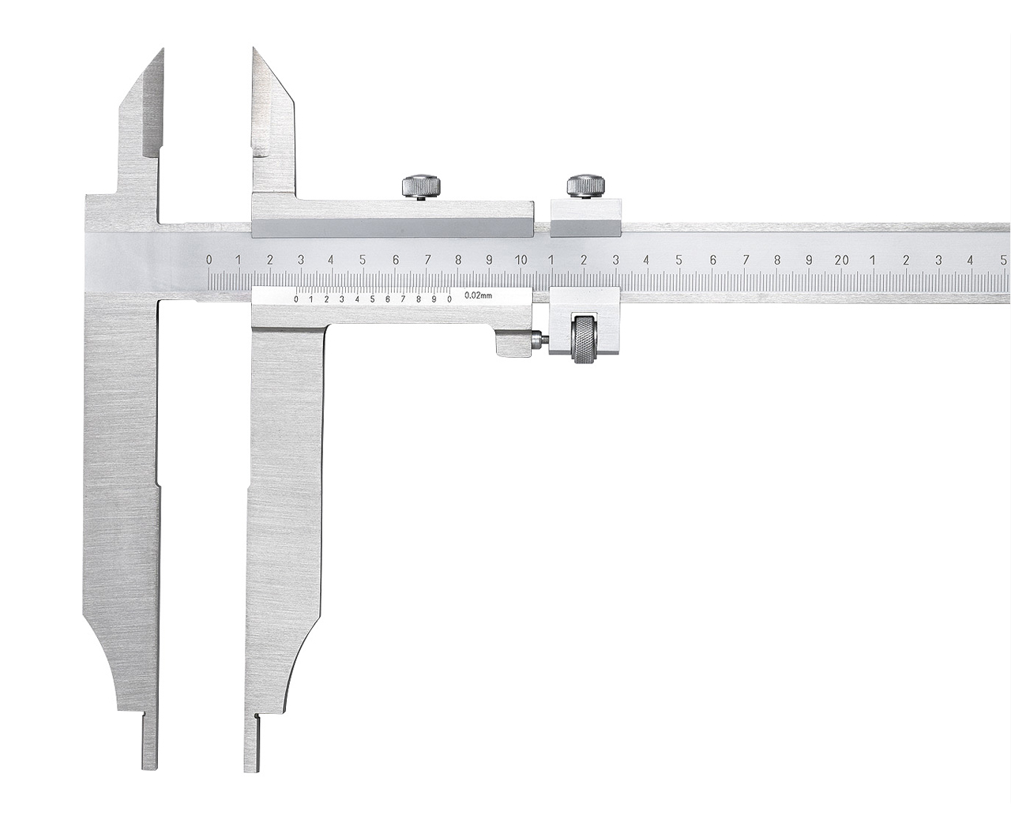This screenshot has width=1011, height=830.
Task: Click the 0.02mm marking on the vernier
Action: (x=479, y=295)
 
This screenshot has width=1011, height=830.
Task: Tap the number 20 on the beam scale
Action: (x=841, y=260)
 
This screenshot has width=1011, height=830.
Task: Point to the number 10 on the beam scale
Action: (x=521, y=260)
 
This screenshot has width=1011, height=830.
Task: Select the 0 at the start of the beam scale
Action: (x=209, y=260)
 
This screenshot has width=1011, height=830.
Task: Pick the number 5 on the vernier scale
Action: (x=372, y=299)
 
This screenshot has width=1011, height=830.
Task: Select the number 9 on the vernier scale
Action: (x=434, y=299)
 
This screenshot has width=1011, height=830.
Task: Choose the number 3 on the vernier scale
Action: (x=341, y=299)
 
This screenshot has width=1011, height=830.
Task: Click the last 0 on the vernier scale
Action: (x=449, y=299)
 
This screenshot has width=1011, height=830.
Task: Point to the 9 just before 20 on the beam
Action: (x=809, y=260)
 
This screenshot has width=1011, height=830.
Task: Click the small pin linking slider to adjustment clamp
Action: (x=539, y=340)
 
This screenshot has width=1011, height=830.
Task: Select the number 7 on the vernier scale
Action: (x=403, y=299)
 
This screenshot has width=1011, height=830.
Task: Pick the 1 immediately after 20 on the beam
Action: (x=873, y=260)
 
